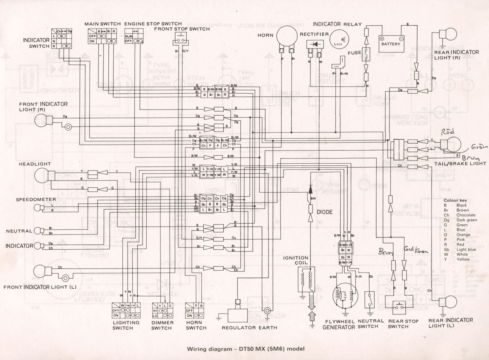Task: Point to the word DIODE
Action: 324,212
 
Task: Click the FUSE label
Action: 355,53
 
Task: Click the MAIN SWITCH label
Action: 102,24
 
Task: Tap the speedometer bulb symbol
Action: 37,208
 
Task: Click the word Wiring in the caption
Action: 197,349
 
